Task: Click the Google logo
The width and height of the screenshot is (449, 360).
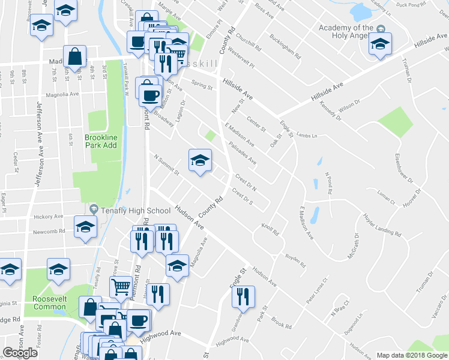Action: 20,353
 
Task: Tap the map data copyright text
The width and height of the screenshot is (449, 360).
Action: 412,355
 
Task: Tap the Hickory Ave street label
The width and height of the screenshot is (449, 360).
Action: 49,216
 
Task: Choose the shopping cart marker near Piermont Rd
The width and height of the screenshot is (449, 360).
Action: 121,288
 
